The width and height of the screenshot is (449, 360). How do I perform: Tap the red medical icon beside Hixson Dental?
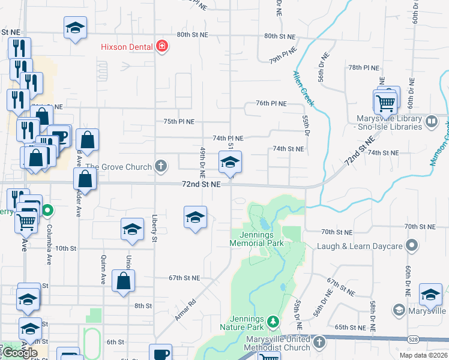click(x=161, y=46)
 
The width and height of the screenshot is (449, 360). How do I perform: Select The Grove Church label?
click(x=118, y=166)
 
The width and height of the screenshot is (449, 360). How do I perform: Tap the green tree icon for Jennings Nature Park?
click(x=273, y=322)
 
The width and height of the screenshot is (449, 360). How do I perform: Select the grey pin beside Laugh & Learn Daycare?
click(x=412, y=245)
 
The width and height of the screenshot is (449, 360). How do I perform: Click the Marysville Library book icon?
click(x=431, y=122)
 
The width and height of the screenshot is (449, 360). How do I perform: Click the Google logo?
click(x=20, y=353)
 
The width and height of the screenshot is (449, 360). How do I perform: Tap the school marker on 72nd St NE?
click(x=229, y=162)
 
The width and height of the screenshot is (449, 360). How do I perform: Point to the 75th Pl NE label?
click(x=179, y=121)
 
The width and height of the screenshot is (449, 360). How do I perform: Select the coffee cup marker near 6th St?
click(x=161, y=353)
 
